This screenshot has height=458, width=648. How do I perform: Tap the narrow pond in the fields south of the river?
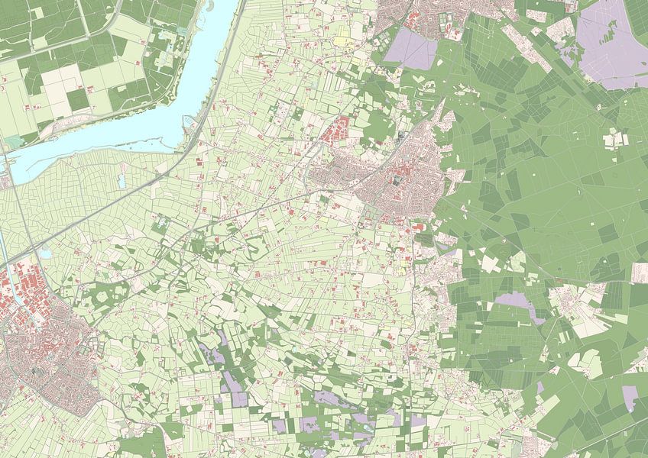coord(121,181)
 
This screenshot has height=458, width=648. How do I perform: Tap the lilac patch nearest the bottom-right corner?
coord(630,395)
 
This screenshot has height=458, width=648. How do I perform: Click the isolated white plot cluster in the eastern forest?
coord(616,140)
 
